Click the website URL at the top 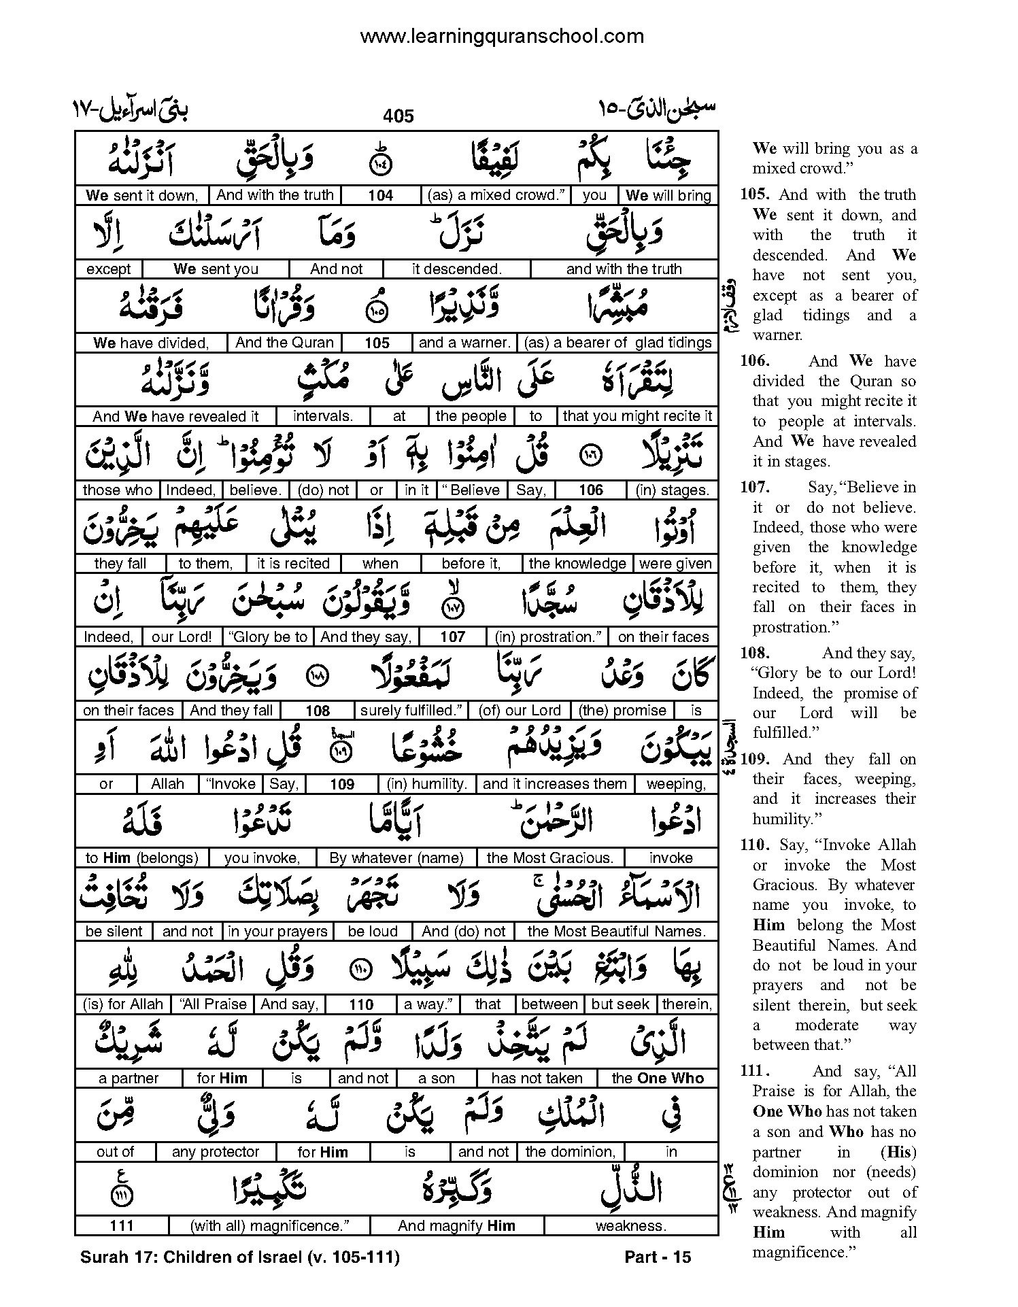(501, 36)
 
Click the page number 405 (398, 116)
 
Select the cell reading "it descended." (456, 269)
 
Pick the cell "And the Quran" (284, 343)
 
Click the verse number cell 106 (591, 490)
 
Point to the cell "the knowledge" (577, 564)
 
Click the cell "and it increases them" (554, 784)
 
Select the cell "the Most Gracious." (550, 858)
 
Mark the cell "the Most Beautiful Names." (617, 932)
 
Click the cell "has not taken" (537, 1079)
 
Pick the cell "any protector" (216, 1152)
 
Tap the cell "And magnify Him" (456, 1226)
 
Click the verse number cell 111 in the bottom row (121, 1226)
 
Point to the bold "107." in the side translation (755, 488)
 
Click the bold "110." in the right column (756, 845)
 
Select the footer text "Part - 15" (657, 1257)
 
